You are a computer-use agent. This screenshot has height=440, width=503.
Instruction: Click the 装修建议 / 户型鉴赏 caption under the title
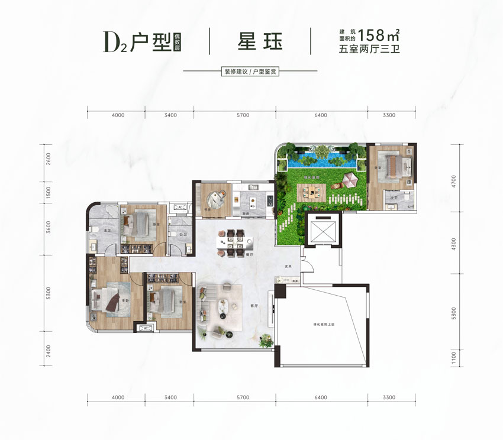pyautogui.click(x=251, y=72)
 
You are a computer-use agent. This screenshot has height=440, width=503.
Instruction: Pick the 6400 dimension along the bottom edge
pyautogui.click(x=321, y=398)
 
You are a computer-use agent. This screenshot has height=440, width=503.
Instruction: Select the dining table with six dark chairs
pyautogui.click(x=232, y=242)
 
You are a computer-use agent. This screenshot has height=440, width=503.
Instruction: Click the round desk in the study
pyautogui.click(x=217, y=197)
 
